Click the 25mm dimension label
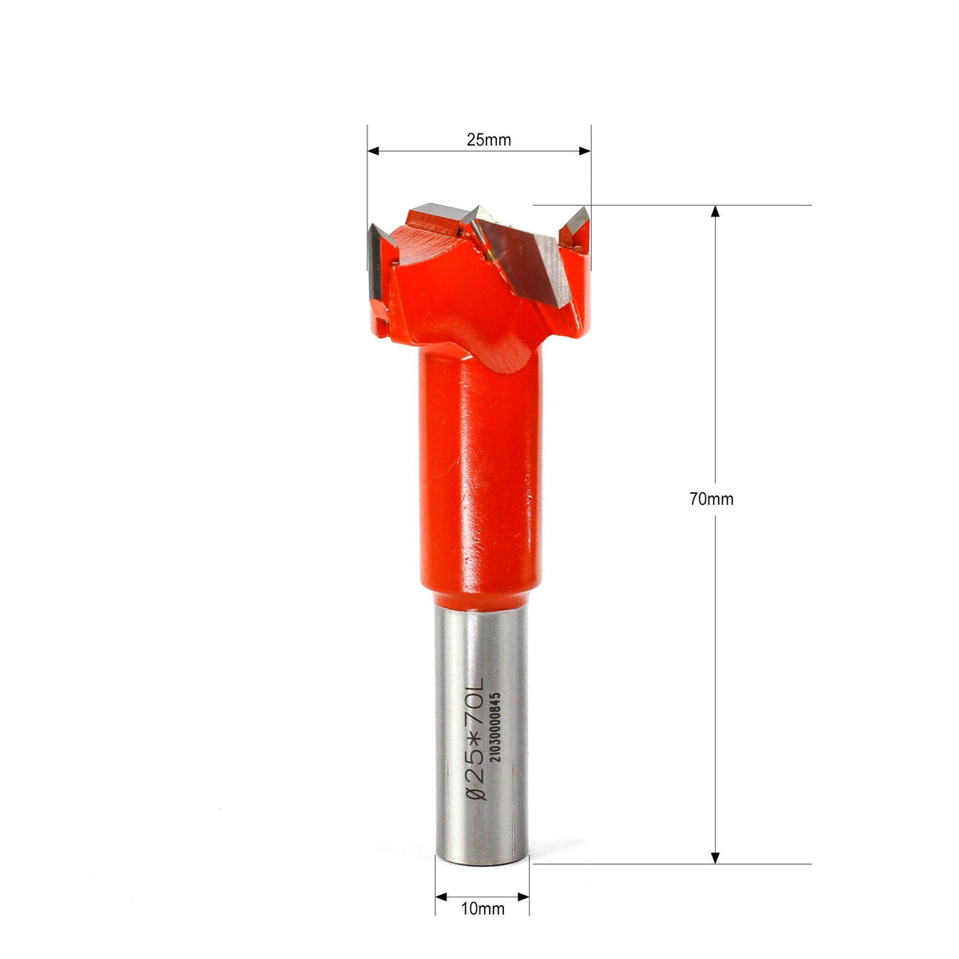(488, 141)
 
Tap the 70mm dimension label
(711, 499)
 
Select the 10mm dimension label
(482, 908)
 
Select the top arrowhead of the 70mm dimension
(716, 212)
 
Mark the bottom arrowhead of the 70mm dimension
(716, 857)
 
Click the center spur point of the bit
(479, 215)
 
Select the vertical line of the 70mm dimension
(716, 632)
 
